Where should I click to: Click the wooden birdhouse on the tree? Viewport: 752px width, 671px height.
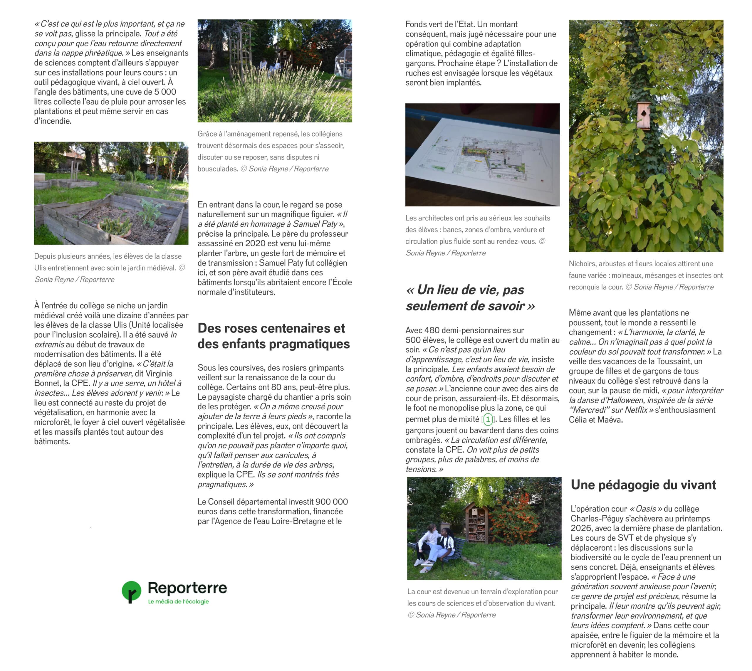click(x=644, y=115)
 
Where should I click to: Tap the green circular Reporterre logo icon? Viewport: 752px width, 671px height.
click(x=131, y=591)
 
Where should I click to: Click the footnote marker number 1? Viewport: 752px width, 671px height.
click(x=488, y=419)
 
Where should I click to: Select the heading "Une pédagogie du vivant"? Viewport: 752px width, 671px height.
click(x=643, y=485)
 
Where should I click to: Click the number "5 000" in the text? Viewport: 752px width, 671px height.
click(x=165, y=92)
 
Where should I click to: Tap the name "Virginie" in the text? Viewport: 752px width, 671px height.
click(x=159, y=374)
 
